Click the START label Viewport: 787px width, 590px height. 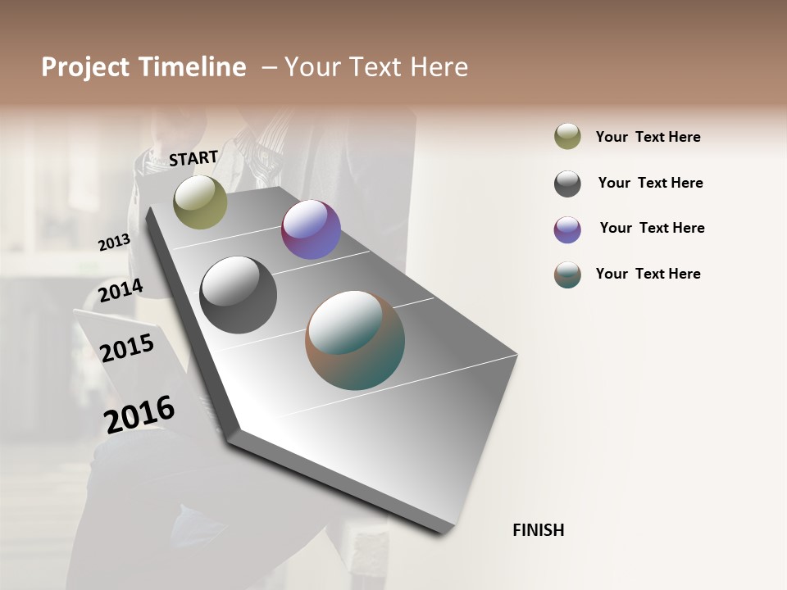193,158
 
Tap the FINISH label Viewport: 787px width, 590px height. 538,530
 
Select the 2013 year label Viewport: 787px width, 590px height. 114,243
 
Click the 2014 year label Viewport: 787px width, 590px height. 121,290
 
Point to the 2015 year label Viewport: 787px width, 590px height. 127,348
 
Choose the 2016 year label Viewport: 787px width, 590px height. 139,414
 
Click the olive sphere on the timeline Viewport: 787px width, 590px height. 200,202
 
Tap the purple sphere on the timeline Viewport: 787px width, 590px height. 311,229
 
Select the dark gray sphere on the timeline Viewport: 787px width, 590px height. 239,295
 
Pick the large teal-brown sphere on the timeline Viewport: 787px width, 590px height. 355,340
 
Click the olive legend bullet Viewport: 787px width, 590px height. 567,137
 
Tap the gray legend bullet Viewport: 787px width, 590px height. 567,184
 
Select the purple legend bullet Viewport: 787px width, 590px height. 567,229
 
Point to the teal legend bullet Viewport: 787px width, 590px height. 567,275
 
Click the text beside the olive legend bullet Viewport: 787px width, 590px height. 648,137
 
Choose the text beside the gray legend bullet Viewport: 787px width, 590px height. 650,183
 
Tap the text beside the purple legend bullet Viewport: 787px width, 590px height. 652,228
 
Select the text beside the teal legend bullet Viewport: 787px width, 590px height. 648,274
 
